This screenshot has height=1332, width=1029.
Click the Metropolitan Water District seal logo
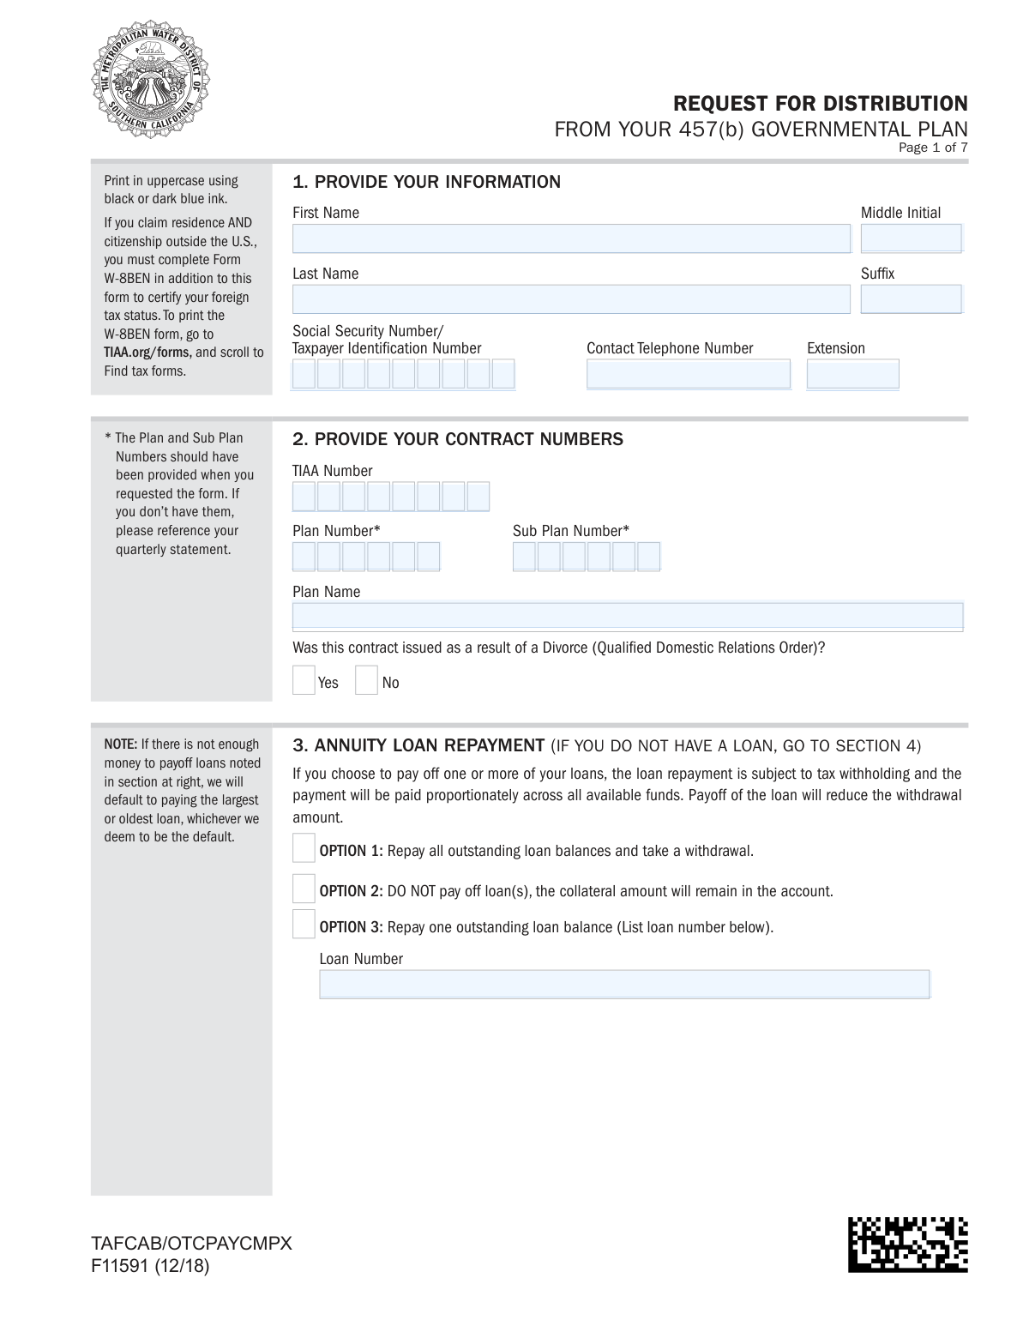click(151, 83)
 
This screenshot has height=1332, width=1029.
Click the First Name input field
click(571, 238)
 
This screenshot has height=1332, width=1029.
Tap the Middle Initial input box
click(911, 238)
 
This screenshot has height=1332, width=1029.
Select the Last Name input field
click(571, 299)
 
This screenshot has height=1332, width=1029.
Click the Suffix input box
click(911, 299)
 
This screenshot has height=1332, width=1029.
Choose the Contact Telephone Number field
click(688, 374)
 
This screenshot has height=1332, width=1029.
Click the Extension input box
click(852, 374)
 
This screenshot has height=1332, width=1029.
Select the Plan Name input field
click(628, 617)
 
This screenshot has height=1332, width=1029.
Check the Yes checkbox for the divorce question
click(304, 680)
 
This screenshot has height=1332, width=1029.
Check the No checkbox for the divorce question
click(366, 680)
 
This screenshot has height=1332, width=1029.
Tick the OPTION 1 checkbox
click(304, 848)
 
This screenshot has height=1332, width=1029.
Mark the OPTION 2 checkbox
click(304, 889)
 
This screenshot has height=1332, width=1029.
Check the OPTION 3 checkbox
click(304, 925)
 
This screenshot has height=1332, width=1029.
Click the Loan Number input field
click(624, 984)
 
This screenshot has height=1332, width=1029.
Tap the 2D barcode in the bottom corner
click(908, 1244)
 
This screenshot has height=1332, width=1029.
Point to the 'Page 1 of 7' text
click(933, 148)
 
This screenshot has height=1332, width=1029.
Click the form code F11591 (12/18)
click(150, 1266)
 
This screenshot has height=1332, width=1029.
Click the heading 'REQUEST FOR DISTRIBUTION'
click(820, 104)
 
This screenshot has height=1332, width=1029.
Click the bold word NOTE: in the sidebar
click(121, 744)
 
